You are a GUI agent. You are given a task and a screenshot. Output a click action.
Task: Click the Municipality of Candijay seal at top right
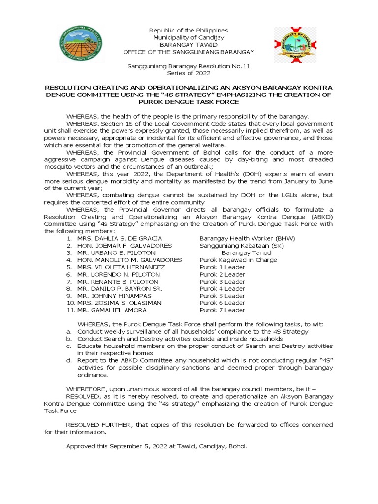tap(295, 45)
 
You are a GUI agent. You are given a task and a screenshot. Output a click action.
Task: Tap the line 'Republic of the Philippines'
tap(189, 31)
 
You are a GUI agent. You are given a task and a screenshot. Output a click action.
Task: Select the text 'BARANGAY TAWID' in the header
tap(189, 45)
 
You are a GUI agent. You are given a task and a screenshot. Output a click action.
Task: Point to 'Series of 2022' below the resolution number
tap(189, 73)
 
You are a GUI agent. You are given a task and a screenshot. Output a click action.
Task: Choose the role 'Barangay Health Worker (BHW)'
tap(247, 238)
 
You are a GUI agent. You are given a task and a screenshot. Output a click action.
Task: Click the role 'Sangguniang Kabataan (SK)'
tap(242, 246)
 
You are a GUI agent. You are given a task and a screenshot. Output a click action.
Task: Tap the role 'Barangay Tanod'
tap(246, 252)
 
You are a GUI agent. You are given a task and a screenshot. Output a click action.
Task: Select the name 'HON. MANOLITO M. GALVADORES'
tap(129, 260)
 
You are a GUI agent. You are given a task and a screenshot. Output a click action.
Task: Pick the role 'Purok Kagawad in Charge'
tap(238, 260)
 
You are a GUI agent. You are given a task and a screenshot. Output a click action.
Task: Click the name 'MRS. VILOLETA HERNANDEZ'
tap(118, 267)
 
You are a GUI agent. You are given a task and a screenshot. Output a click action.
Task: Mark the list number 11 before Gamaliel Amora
tap(69, 310)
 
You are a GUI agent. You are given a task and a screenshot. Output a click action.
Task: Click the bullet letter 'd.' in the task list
tap(69, 360)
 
